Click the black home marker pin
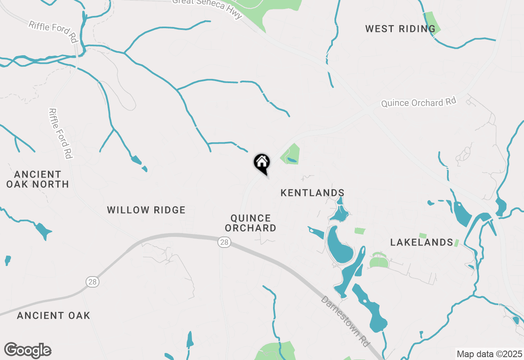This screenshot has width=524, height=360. tap(262, 162)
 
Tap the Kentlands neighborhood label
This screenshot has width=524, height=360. tap(312, 193)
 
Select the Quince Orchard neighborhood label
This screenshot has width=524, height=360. tap(251, 223)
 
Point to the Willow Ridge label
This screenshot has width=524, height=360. tap(146, 210)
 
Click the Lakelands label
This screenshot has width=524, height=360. tap(421, 243)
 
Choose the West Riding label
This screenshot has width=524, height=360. tap(400, 29)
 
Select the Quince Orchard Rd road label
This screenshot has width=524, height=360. tap(418, 102)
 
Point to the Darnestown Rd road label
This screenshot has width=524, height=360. tap(345, 322)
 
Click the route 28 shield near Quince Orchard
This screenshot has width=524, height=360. tap(224, 243)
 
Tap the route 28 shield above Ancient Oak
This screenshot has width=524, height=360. tap(93, 282)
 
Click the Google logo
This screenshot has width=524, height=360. tap(28, 351)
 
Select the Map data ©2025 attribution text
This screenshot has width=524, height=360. tap(489, 354)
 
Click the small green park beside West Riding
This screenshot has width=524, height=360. tap(431, 23)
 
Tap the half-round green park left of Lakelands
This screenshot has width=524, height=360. tap(378, 261)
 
